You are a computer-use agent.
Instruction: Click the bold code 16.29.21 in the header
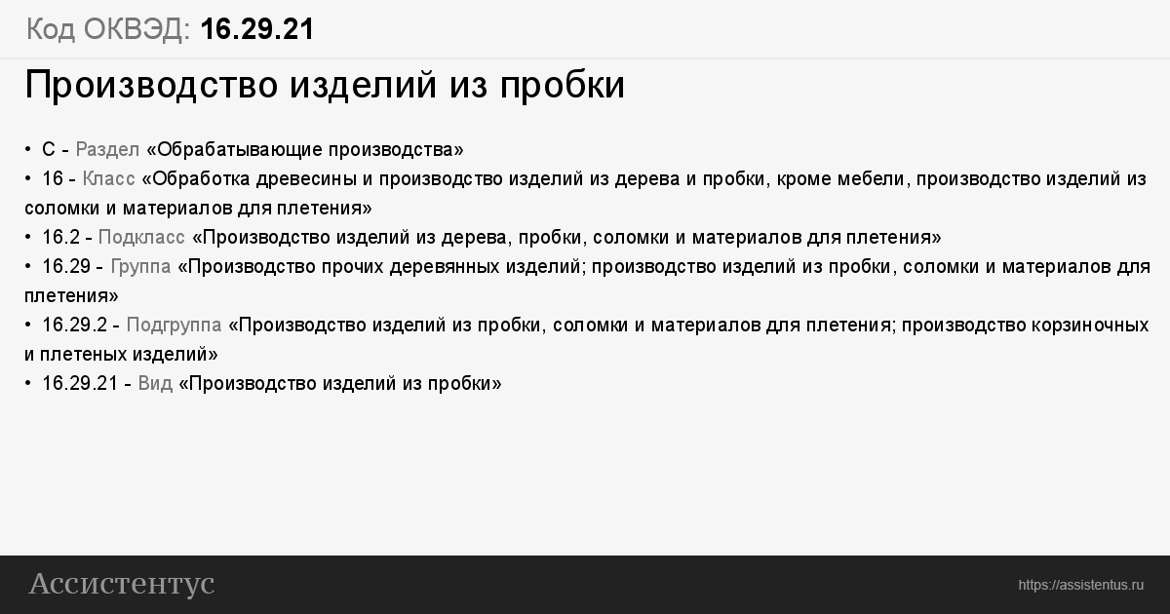point(257,28)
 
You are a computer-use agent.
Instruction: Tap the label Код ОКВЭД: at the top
point(108,29)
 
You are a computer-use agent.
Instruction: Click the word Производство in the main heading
point(151,85)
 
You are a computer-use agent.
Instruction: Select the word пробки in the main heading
point(563,86)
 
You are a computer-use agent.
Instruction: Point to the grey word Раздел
point(107,150)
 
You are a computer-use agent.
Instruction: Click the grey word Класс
point(108,179)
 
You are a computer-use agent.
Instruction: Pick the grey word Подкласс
point(141,238)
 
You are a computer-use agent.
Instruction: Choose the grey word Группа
point(141,267)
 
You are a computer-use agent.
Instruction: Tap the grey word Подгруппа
point(174,326)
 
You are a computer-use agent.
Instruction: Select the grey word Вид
point(155,384)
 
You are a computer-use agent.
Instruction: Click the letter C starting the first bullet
point(49,150)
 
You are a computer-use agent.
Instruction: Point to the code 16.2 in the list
point(60,238)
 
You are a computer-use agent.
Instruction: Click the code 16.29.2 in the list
point(74,326)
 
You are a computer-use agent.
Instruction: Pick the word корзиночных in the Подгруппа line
point(1090,326)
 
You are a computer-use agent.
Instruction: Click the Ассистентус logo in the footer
point(122,584)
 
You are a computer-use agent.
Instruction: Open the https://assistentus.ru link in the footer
point(1080,585)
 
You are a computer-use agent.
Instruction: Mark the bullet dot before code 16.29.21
point(28,384)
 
